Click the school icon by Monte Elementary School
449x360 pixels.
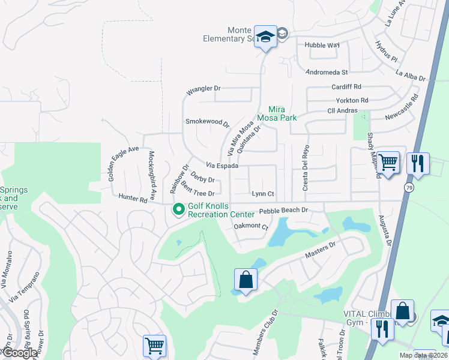pos(265,37)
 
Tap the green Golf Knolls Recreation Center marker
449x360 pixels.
pos(178,209)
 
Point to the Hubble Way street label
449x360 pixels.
pos(322,45)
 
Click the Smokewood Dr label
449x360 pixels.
pos(207,122)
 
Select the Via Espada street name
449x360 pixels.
pos(223,165)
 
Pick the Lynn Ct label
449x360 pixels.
pos(263,194)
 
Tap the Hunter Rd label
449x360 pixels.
pos(133,198)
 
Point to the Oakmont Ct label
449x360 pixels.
pos(250,226)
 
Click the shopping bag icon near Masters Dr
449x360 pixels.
pos(246,280)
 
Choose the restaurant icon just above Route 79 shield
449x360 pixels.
pos(417,163)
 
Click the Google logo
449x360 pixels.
pos(19,353)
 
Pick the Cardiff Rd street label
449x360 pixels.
pos(346,87)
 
